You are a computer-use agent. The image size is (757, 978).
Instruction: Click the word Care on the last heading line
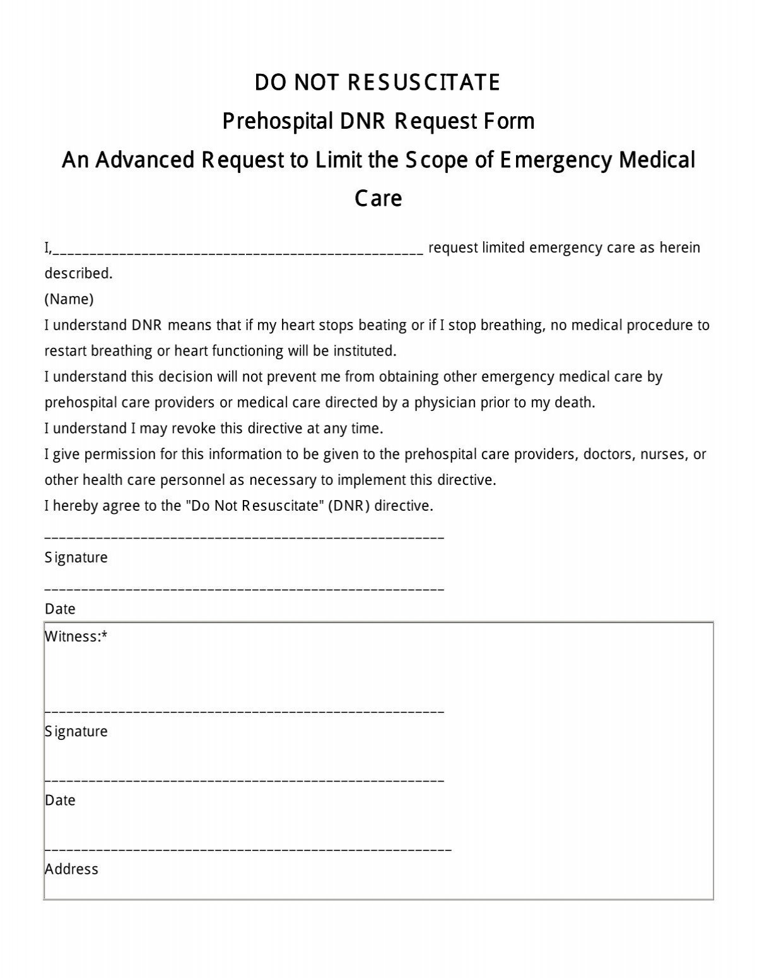tap(378, 198)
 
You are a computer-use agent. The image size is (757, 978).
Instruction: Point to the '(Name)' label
tap(69, 299)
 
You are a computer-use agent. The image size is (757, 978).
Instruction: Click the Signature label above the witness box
tap(76, 558)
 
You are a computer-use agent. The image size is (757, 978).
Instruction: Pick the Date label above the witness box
tap(60, 609)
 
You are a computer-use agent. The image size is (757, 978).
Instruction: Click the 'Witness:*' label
tap(76, 636)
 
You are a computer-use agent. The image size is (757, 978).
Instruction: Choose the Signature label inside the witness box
tap(76, 731)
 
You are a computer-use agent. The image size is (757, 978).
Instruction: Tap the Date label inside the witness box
tap(60, 800)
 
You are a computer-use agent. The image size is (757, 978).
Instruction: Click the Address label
tap(71, 869)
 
